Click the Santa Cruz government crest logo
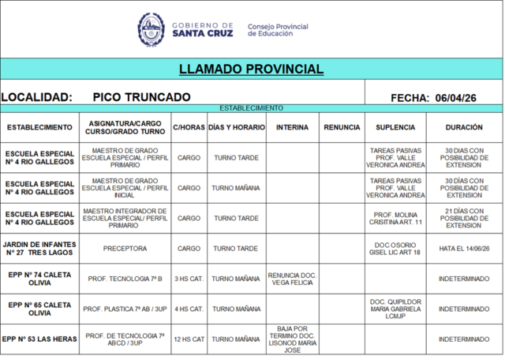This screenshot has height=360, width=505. tap(151, 29)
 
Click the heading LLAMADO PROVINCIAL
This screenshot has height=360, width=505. tap(251, 69)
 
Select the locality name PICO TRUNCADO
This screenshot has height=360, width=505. tap(141, 96)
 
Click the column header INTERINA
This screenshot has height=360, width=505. tap(292, 127)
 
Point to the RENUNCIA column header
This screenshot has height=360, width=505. tap(342, 127)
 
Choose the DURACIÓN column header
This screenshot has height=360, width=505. tap(464, 127)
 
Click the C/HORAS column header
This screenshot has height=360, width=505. tap(189, 127)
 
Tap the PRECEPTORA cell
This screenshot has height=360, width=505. tap(125, 248)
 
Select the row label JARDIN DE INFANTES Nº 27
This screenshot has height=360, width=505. tap(39, 248)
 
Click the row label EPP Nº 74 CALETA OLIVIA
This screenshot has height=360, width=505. tap(39, 279)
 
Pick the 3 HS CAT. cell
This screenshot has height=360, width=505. tap(189, 279)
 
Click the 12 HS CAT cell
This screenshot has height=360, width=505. tap(189, 339)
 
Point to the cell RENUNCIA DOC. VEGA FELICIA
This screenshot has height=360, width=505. tap(292, 279)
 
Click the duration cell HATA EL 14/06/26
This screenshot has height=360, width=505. tap(464, 248)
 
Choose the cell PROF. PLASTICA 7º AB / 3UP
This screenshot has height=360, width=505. tap(125, 309)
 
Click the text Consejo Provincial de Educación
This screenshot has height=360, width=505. tap(278, 30)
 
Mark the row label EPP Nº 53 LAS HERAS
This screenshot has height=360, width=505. tap(39, 339)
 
